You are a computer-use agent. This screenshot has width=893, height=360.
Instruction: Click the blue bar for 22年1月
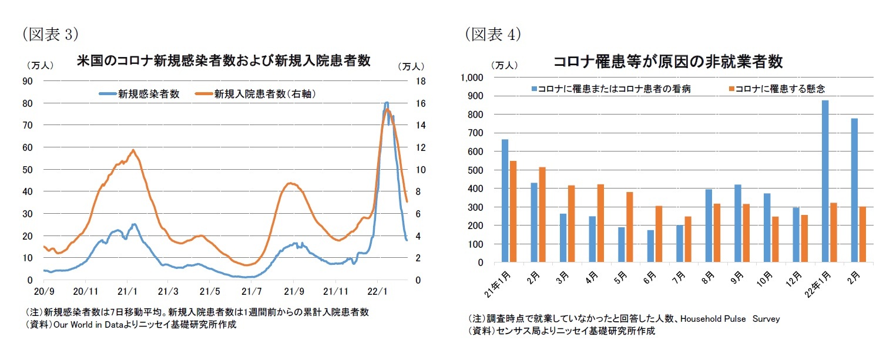[x=825, y=181]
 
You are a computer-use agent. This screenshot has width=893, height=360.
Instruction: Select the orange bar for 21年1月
[x=513, y=211]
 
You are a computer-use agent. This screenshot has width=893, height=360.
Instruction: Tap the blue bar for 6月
[x=650, y=246]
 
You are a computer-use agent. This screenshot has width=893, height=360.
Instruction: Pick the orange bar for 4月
[x=600, y=223]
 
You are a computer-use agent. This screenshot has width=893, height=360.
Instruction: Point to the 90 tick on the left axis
[x=27, y=81]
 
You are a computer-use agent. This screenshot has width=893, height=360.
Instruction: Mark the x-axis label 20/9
[x=44, y=291]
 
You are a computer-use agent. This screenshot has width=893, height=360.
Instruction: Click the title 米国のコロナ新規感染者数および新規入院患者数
[x=223, y=61]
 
